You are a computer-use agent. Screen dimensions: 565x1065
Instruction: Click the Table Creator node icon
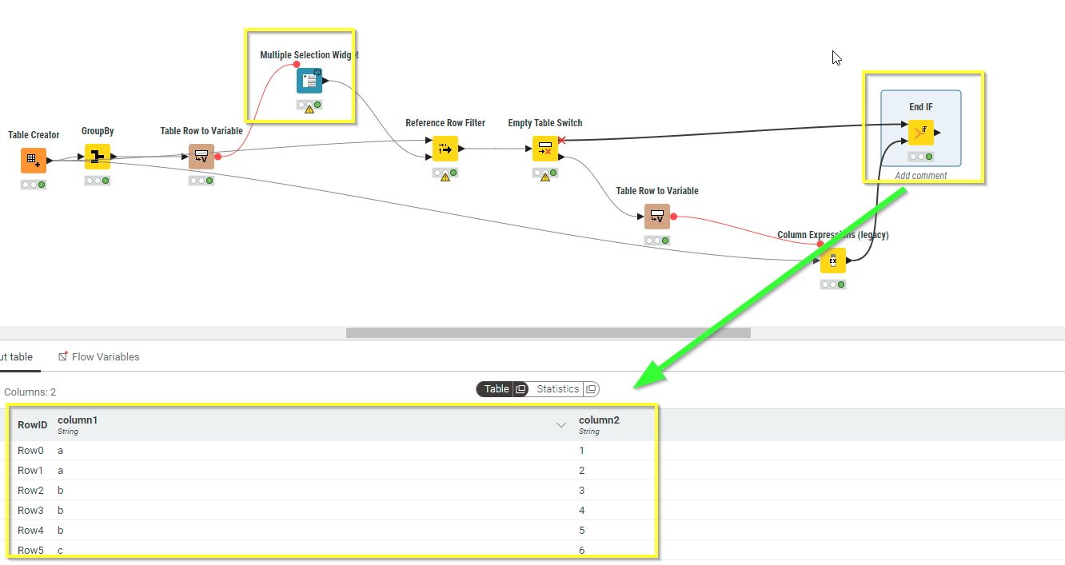click(34, 161)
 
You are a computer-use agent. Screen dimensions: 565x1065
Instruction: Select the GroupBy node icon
click(98, 157)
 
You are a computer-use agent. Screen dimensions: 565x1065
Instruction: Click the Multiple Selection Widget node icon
click(309, 81)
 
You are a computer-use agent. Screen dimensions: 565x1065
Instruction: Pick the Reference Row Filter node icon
click(445, 149)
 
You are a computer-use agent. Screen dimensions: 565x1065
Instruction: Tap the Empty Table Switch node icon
click(545, 149)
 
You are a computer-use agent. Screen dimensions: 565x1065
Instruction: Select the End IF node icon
click(921, 133)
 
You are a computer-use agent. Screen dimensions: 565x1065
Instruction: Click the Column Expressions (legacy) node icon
click(832, 261)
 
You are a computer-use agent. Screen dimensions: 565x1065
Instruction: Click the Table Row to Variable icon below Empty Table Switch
click(657, 217)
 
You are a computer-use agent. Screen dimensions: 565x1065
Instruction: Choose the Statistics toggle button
click(558, 389)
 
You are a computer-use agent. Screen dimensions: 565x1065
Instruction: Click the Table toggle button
click(497, 389)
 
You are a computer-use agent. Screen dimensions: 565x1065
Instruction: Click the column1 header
click(78, 420)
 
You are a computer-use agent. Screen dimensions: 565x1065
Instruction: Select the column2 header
click(599, 420)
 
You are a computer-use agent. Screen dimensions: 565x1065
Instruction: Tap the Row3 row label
click(30, 510)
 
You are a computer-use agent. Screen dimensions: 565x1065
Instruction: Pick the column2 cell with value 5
click(582, 530)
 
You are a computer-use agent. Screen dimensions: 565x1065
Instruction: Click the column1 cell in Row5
click(61, 550)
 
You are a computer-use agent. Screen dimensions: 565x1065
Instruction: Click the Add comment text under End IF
click(921, 176)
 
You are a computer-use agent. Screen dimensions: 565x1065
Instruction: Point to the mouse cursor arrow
click(836, 58)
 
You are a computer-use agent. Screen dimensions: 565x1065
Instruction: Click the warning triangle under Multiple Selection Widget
click(309, 109)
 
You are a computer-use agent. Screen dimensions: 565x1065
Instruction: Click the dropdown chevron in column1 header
click(561, 425)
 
